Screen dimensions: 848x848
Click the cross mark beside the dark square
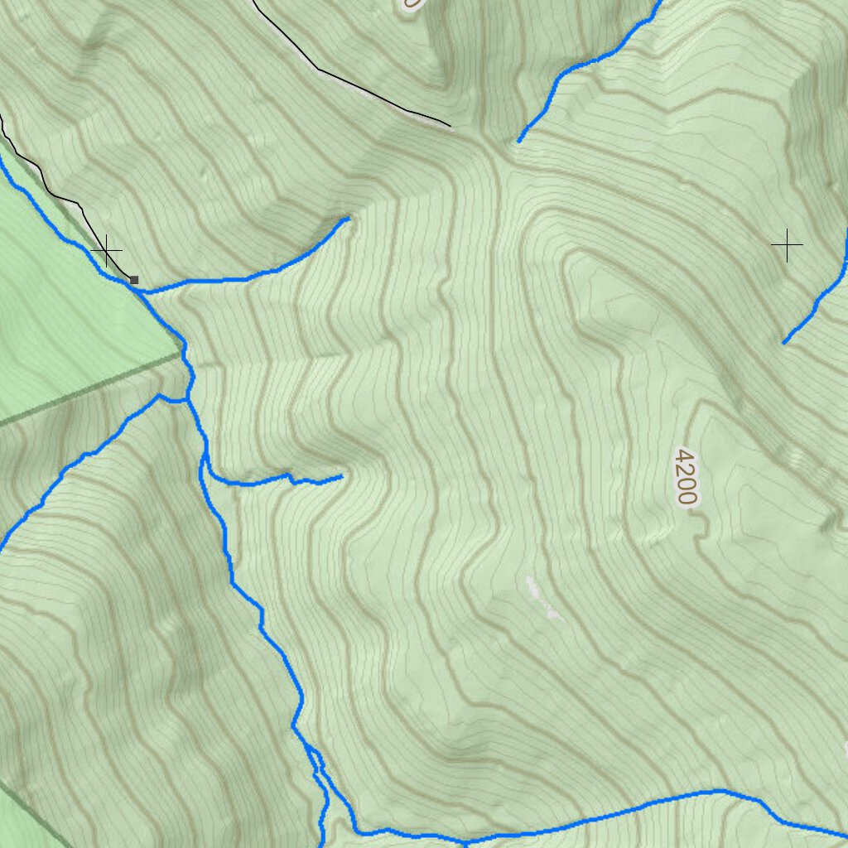107,250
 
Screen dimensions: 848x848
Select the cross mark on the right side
787,245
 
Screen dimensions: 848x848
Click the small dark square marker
134,280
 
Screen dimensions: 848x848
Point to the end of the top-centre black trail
450,127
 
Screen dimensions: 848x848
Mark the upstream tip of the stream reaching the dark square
347,219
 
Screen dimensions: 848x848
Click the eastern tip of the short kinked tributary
341,476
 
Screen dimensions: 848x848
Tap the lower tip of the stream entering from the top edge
519,141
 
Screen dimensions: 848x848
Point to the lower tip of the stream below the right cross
784,342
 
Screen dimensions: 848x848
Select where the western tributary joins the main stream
187,402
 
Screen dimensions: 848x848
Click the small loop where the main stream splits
315,762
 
